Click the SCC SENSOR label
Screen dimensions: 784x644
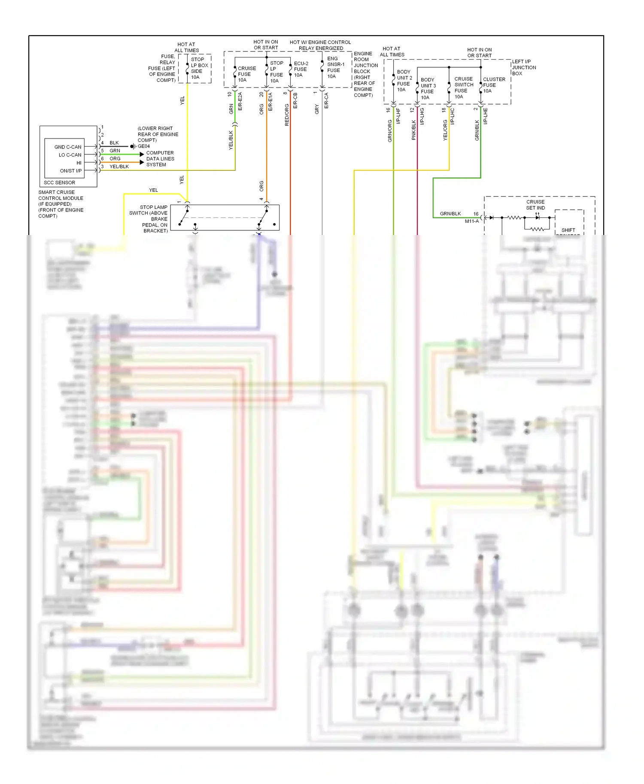pyautogui.click(x=59, y=182)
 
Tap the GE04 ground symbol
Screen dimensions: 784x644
pyautogui.click(x=133, y=146)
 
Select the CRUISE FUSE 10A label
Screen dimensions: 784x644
pyautogui.click(x=246, y=74)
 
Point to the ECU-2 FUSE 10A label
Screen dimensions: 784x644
pyautogui.click(x=301, y=69)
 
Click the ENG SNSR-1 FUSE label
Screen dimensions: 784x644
pyautogui.click(x=335, y=67)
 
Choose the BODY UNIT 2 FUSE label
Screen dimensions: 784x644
pyautogui.click(x=404, y=81)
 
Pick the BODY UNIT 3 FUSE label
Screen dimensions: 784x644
pyautogui.click(x=428, y=88)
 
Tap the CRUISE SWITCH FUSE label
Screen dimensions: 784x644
pyautogui.click(x=464, y=87)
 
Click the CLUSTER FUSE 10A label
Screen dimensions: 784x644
pyautogui.click(x=494, y=85)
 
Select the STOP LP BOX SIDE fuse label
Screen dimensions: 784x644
pyautogui.click(x=199, y=68)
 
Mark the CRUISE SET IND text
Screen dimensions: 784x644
pyautogui.click(x=535, y=205)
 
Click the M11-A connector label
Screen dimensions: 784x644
pyautogui.click(x=471, y=221)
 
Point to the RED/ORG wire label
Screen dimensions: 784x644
pyautogui.click(x=287, y=115)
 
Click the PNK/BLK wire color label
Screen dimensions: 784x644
pyautogui.click(x=413, y=130)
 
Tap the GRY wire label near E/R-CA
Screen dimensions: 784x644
pyautogui.click(x=317, y=109)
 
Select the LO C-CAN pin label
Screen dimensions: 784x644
pyautogui.click(x=70, y=155)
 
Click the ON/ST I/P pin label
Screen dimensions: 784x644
pyautogui.click(x=71, y=171)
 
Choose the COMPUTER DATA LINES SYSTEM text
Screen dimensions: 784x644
pyautogui.click(x=160, y=159)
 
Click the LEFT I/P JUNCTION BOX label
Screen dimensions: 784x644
pyautogui.click(x=524, y=67)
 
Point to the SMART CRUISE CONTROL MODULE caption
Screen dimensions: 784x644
pyautogui.click(x=61, y=204)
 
